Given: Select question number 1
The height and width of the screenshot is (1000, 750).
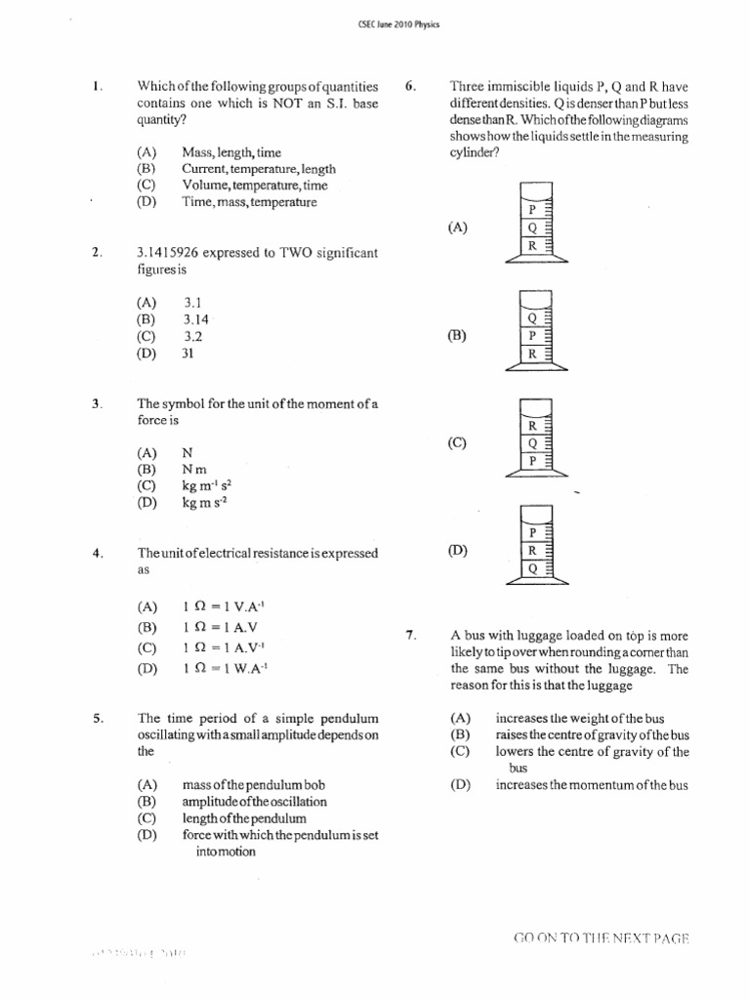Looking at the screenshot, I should pos(98,86).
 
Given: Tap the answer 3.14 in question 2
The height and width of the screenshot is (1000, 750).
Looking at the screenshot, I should pos(195,319).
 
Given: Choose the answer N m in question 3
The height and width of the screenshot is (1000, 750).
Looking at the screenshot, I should pos(194,470).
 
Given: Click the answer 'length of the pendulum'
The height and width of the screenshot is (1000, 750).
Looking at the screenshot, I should pos(244,818).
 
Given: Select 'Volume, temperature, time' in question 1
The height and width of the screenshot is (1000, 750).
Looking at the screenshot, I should pos(254,186).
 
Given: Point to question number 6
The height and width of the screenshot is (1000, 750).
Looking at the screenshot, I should pos(410,86).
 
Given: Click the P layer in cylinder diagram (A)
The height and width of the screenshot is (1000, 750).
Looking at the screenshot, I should pos(531,210).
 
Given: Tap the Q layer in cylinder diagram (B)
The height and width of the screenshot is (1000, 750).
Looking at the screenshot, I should pos(531,317).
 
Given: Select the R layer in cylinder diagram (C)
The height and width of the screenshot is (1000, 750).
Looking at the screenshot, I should pos(531,426).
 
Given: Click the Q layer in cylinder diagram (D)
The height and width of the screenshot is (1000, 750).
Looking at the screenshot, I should pos(531,567).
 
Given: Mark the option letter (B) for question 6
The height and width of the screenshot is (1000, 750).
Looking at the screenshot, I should pos(457,335).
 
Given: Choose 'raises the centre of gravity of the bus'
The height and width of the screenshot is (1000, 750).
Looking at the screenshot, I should pos(592,734).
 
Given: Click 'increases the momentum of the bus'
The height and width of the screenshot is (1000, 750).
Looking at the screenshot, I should pos(592,784).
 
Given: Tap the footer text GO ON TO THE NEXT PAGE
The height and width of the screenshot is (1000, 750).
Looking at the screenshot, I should pos(601,938).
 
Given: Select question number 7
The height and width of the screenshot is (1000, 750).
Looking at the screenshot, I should pos(411,636).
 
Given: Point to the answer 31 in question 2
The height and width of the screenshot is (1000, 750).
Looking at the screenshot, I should pos(188,354).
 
